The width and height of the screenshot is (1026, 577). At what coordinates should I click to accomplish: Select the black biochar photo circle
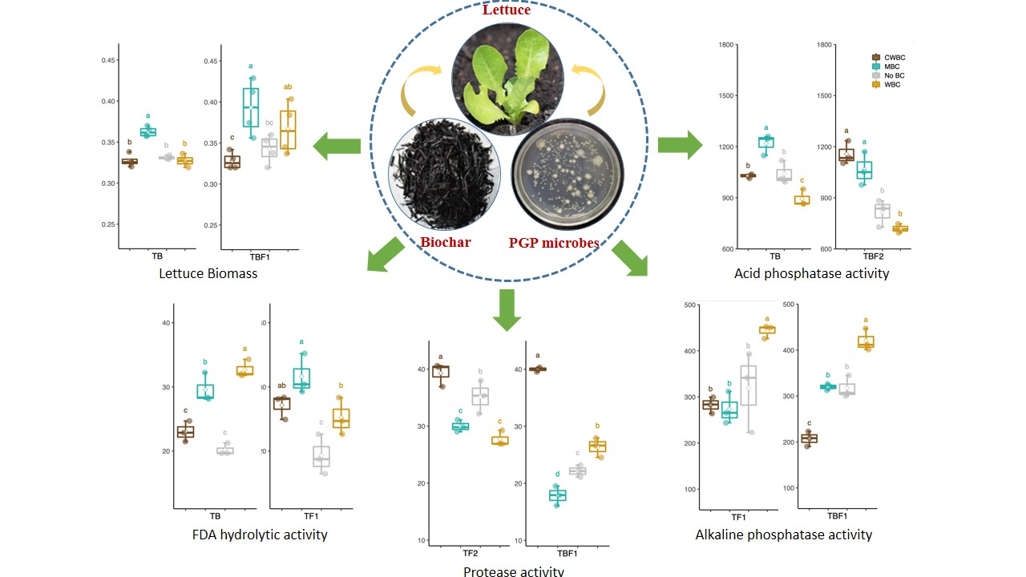(445, 175)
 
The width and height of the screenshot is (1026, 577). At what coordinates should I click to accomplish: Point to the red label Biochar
(446, 242)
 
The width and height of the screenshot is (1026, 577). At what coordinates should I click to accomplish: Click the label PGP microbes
(554, 242)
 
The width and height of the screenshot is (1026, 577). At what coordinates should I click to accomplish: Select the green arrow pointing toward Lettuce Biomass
(336, 146)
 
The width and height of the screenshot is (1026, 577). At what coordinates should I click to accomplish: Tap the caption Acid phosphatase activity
(811, 273)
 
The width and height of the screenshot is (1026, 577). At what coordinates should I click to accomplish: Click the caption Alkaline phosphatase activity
(783, 535)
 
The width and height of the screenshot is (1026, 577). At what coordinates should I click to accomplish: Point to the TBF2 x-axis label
(873, 257)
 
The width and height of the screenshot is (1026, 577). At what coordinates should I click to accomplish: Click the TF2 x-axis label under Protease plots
(470, 553)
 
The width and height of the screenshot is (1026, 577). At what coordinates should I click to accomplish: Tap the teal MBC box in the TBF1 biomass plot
(251, 107)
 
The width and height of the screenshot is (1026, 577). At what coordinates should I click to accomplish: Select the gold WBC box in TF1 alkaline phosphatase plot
(767, 329)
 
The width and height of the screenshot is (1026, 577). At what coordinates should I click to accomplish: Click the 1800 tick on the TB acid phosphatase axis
(727, 44)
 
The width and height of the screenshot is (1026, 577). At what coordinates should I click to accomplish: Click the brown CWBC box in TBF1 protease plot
(537, 369)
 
